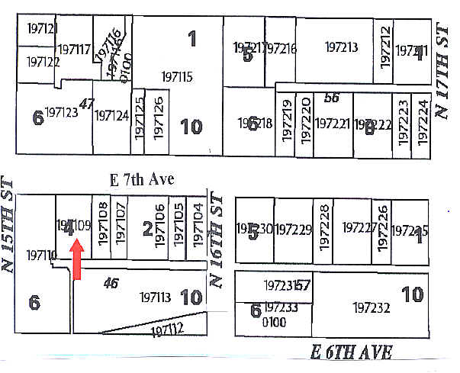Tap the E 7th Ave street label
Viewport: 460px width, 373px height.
pyautogui.click(x=143, y=180)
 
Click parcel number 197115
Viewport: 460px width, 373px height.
pyautogui.click(x=177, y=76)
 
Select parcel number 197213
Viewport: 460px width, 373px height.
pyautogui.click(x=341, y=47)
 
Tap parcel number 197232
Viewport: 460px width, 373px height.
pyautogui.click(x=372, y=308)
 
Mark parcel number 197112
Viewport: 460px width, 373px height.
pyautogui.click(x=169, y=330)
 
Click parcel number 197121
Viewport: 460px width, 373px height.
pyautogui.click(x=42, y=28)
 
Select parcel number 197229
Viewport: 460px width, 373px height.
pyautogui.click(x=293, y=229)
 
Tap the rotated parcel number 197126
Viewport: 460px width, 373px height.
pyautogui.click(x=159, y=116)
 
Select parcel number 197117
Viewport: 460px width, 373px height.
pyautogui.click(x=74, y=50)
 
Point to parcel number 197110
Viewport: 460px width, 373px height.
pyautogui.click(x=41, y=254)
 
